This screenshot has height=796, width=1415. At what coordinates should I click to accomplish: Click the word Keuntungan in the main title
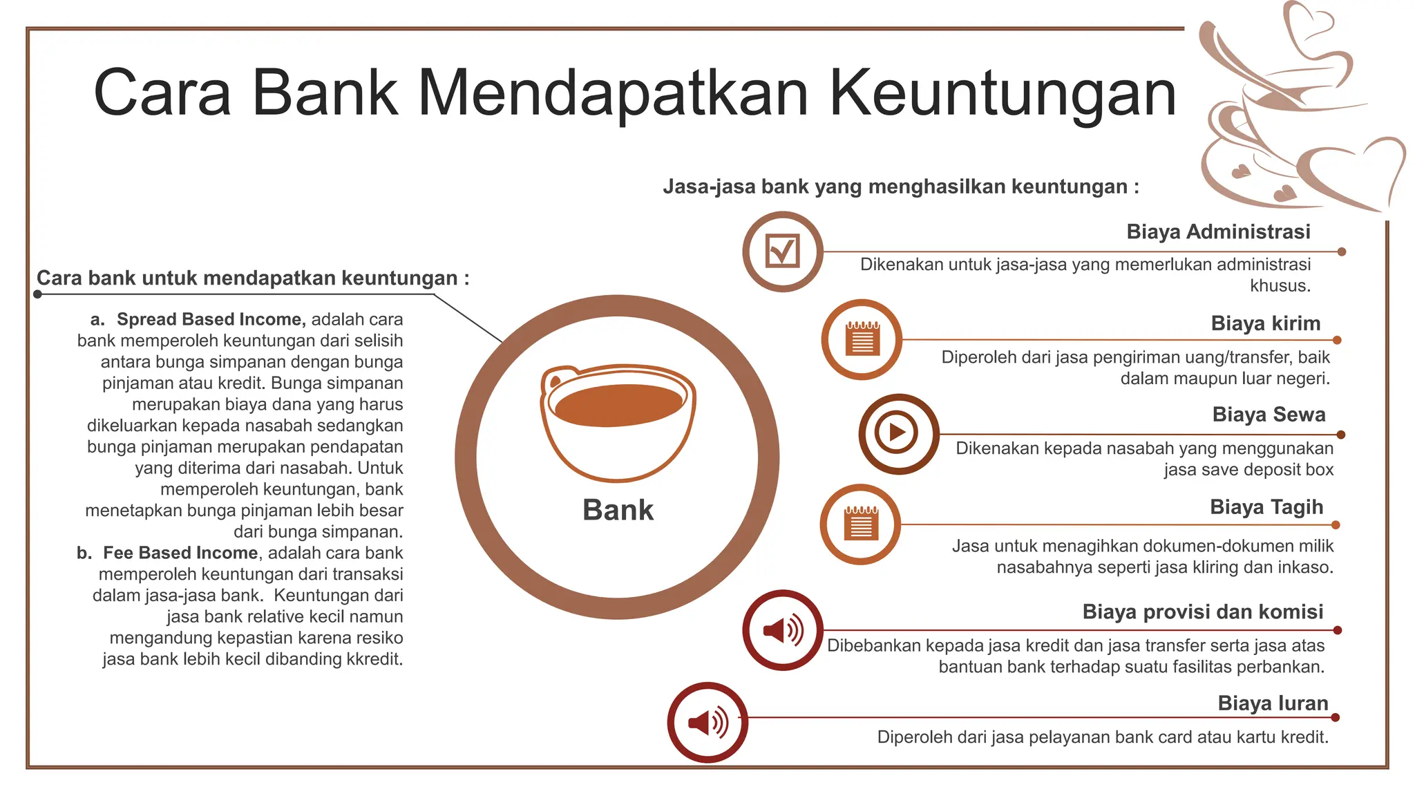coord(1002,93)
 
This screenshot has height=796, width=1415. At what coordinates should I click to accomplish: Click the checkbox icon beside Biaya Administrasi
coord(783,252)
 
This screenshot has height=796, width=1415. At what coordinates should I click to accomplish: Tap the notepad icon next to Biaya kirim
coord(862,339)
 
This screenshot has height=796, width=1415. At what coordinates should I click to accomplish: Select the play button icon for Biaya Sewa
coord(898,433)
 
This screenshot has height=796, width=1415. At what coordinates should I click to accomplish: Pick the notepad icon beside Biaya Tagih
coord(860,524)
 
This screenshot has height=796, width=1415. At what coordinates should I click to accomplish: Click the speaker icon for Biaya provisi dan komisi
coord(783,629)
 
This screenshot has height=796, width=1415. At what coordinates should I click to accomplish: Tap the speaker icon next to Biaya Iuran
coord(707,722)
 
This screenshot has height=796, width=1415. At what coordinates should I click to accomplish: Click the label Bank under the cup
coord(618,510)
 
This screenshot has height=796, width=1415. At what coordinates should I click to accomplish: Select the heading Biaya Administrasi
coord(1218,231)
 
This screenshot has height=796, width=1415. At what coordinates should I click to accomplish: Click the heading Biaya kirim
coord(1265,323)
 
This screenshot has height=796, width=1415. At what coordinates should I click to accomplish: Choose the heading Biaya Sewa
coord(1269,415)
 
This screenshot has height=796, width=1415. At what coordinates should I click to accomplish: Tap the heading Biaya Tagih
coord(1266,507)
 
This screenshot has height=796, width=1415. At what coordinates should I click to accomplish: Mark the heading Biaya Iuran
coord(1273,703)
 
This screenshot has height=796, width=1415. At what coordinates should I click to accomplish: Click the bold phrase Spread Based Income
coord(210,319)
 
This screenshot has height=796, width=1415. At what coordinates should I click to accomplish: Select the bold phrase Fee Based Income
coord(180,553)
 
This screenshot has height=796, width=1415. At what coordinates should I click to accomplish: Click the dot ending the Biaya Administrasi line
coord(1342,252)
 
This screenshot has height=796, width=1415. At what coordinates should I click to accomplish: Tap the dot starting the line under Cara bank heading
coord(38,294)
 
